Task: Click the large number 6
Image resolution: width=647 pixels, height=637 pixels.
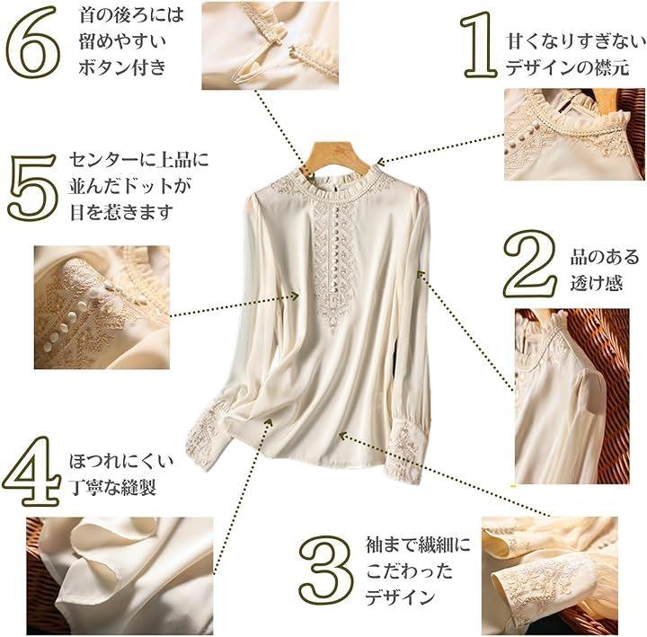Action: coord(33,42)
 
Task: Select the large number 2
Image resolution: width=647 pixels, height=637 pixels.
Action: coord(530,264)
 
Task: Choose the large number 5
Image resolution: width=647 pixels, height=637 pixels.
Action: coord(33,187)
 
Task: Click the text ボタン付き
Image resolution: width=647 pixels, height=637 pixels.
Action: coord(122,67)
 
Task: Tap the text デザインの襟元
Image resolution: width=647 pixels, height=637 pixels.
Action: coord(568,67)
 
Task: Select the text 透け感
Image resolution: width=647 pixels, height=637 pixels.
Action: coord(596,284)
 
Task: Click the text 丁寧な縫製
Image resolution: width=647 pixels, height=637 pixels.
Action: coord(112,487)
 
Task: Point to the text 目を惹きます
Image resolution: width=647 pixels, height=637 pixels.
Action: coord(121,212)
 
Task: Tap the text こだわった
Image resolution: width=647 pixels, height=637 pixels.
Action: coord(410,571)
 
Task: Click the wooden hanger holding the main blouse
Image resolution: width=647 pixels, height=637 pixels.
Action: coord(335,157)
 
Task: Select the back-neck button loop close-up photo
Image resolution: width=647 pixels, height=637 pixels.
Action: coord(270,46)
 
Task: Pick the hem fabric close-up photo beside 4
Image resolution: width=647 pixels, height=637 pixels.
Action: coord(120,576)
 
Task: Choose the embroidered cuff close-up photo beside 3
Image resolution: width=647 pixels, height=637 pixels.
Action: coord(550,576)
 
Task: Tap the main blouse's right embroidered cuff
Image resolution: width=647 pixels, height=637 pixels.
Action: coord(406,454)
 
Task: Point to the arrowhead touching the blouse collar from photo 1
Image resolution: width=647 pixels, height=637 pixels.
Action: coord(381,162)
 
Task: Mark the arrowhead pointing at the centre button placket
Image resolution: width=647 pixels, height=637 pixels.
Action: coord(295,296)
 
